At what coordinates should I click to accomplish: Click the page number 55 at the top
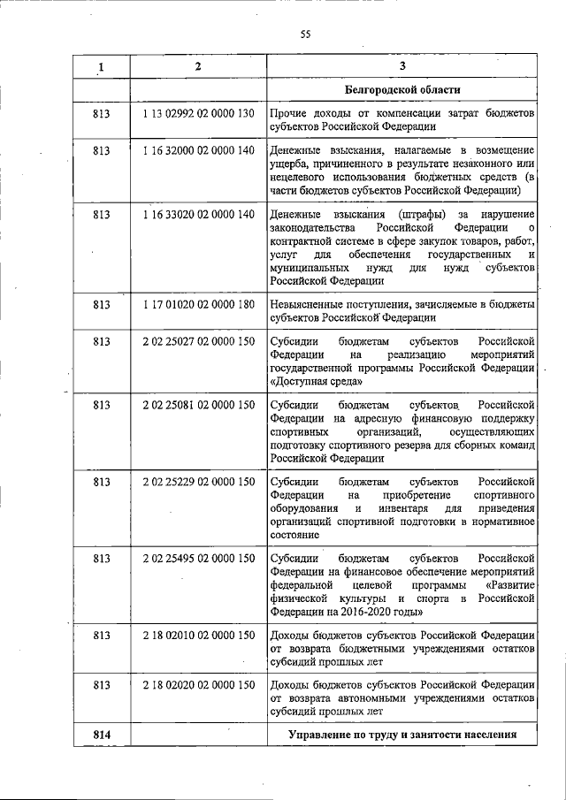click(x=305, y=34)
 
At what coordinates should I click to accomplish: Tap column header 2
click(x=198, y=67)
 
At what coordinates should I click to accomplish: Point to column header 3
click(x=402, y=67)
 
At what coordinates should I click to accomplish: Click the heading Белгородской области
click(x=402, y=90)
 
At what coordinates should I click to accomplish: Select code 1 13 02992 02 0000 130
click(x=198, y=114)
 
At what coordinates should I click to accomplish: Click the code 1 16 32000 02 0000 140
click(x=198, y=151)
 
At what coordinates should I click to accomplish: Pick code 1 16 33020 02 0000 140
click(x=198, y=215)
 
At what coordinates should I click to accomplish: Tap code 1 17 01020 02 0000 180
click(x=198, y=305)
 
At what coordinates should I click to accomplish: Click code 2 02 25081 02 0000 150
click(x=198, y=405)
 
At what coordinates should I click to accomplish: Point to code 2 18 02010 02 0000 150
click(x=198, y=635)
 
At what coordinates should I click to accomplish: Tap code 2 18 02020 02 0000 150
click(x=198, y=685)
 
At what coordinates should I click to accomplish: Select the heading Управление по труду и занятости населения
click(x=402, y=735)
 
